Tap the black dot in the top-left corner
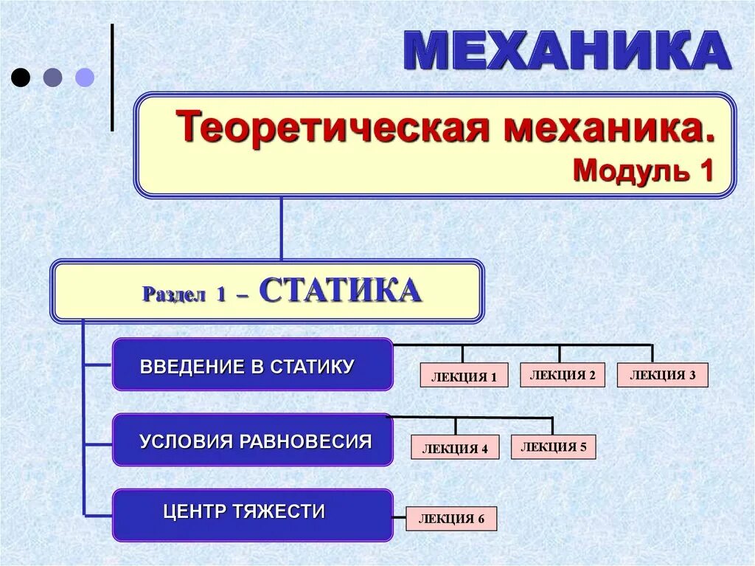click(21, 77)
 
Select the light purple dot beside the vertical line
click(85, 77)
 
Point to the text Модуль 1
click(643, 170)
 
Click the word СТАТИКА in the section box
click(340, 291)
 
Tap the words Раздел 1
click(184, 294)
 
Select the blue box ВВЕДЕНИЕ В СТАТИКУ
click(252, 365)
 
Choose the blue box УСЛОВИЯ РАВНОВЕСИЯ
click(252, 441)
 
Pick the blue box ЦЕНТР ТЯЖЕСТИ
click(252, 513)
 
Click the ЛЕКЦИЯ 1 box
click(464, 376)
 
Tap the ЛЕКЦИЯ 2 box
click(562, 375)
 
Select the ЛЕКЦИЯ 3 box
click(662, 375)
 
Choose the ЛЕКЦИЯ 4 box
click(455, 447)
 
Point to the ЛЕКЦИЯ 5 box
click(553, 446)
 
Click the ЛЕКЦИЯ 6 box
click(451, 519)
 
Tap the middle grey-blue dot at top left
click(53, 77)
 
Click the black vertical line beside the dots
click(112, 77)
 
